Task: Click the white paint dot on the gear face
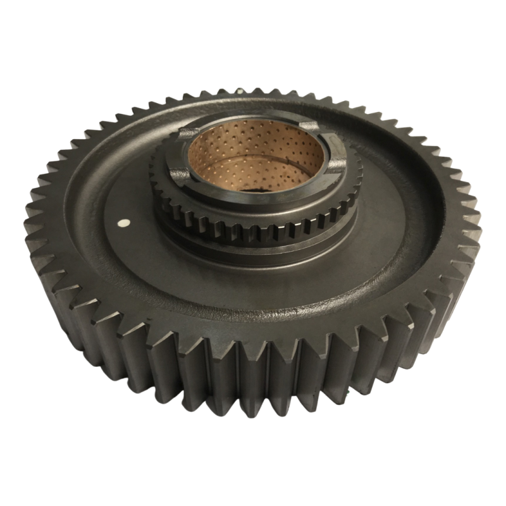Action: (124, 223)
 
